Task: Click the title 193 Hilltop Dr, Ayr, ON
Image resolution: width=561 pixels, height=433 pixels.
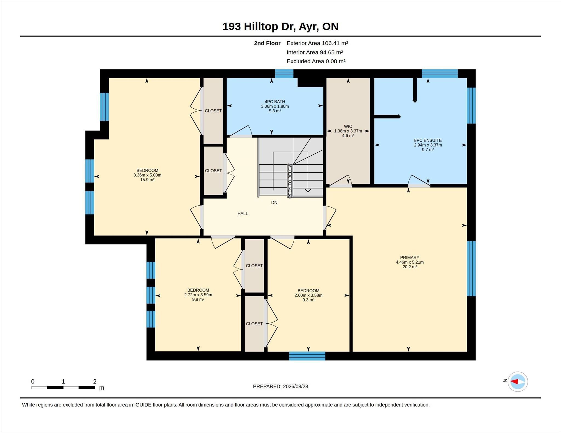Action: coord(280,27)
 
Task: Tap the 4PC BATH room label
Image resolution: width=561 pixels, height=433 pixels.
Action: coord(275,102)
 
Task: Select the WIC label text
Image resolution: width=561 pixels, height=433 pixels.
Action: coord(348,126)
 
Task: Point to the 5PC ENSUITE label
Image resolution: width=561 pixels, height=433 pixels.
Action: coord(428,140)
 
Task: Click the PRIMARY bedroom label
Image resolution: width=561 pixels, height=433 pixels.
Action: coord(410,257)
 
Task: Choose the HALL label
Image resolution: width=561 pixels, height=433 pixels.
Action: coord(243,214)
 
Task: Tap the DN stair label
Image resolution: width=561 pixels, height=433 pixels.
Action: coord(274,203)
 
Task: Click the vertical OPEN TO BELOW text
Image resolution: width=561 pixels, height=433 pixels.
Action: coord(290,181)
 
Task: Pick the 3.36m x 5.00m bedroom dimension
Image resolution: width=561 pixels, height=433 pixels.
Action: coord(147,175)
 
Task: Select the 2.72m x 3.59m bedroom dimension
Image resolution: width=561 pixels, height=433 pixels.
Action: coord(198,295)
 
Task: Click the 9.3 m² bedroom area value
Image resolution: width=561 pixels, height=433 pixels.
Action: coord(308,300)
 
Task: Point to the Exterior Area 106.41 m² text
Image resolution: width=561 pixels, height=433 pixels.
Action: coord(317,43)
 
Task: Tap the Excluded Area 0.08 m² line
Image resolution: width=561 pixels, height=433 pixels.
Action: coord(316,61)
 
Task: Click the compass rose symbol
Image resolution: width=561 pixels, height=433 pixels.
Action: coord(517,382)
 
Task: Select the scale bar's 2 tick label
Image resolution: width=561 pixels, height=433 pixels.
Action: coord(95,382)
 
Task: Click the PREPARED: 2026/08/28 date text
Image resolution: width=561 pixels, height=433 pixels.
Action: coord(280,386)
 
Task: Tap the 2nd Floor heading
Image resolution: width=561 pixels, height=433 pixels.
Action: coord(267,43)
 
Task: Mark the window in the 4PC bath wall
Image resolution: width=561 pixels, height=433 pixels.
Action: coord(284,74)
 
